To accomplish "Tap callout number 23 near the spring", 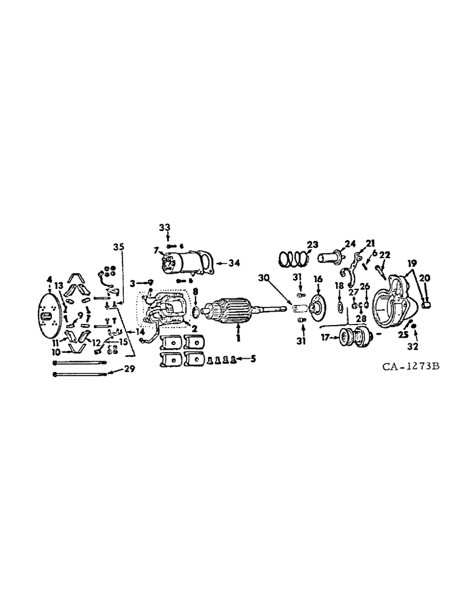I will point(311,245).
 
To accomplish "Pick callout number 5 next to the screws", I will point(252,358).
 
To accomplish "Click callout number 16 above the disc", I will point(318,279).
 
